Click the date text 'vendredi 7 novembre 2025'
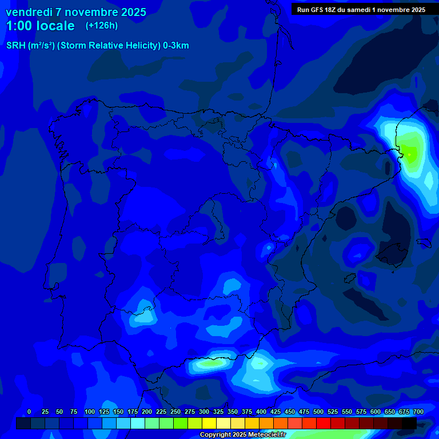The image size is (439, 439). click(x=75, y=12)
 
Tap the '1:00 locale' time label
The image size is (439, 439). click(x=40, y=26)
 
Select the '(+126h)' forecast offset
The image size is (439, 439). click(x=102, y=26)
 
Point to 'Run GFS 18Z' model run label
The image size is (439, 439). click(x=320, y=9)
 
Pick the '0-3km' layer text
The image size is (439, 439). click(x=175, y=46)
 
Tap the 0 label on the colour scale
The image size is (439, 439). click(x=29, y=412)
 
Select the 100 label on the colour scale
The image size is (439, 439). click(x=90, y=412)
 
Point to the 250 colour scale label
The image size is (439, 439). click(x=175, y=412)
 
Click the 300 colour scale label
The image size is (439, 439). click(x=204, y=412)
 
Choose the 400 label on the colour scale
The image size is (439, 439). click(x=261, y=412)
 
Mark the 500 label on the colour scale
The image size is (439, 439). click(x=318, y=412)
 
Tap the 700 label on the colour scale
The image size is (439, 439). click(x=418, y=412)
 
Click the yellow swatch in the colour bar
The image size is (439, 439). click(x=209, y=423)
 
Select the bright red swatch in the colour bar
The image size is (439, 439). click(x=324, y=423)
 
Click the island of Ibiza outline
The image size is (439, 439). click(x=349, y=276)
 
